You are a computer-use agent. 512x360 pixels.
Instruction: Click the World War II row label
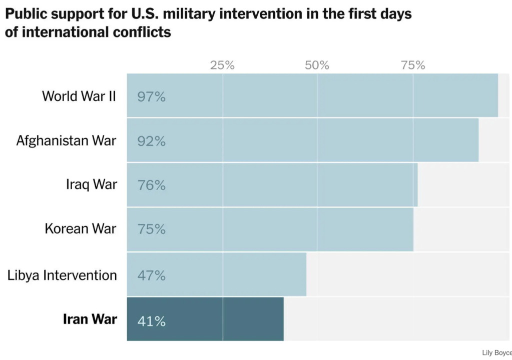(79, 95)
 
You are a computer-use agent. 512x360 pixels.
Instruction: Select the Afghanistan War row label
(66, 140)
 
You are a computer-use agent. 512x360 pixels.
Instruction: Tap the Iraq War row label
(92, 184)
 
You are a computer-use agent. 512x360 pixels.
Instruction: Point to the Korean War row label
(81, 228)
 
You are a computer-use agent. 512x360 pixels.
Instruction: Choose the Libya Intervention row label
(62, 275)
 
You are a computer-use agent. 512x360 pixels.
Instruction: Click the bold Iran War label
(90, 319)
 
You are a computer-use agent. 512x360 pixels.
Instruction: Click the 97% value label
(151, 96)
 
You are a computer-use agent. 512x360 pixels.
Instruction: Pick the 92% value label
(151, 141)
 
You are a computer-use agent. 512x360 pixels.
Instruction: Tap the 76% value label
(151, 185)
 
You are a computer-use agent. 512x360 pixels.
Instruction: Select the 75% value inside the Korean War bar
(151, 229)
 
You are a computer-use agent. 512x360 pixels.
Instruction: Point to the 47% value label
(151, 275)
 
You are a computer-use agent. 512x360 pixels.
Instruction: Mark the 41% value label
(151, 320)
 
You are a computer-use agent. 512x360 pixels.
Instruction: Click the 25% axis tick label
(222, 65)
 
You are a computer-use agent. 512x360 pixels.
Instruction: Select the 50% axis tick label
(317, 65)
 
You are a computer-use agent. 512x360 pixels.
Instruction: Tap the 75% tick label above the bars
(412, 65)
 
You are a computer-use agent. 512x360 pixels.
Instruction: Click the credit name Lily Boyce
(496, 353)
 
